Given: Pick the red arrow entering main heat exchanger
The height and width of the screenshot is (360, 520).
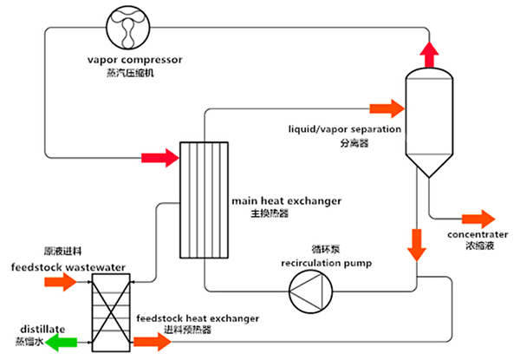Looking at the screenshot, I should pos(154,158).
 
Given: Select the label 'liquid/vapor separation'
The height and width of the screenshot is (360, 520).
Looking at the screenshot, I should pos(345,130).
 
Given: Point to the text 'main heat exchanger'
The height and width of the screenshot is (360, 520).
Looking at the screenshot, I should pos(287,200).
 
